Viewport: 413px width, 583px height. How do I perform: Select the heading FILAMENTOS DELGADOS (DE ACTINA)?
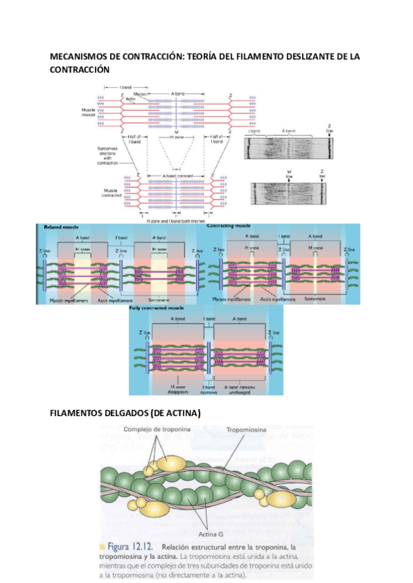126,413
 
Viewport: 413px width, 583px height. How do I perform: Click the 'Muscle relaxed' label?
88,111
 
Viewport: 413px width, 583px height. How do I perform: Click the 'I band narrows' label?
209,389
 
